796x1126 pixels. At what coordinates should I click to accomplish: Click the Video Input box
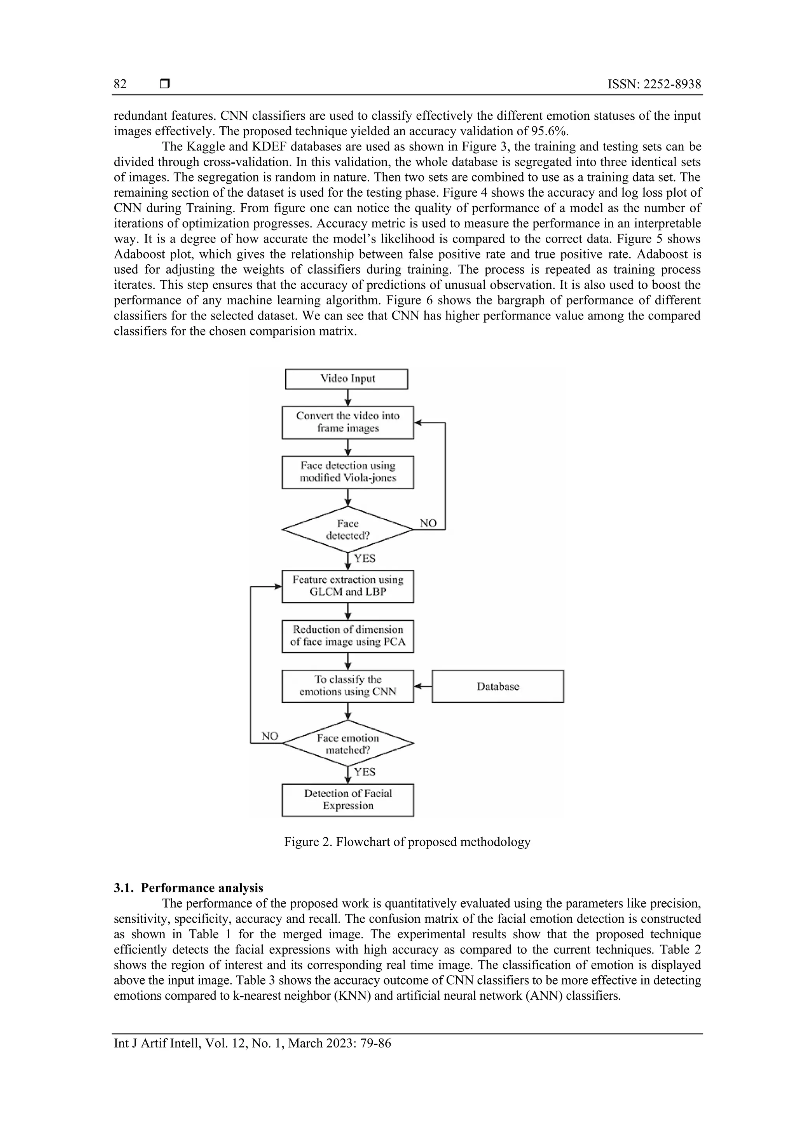pos(347,379)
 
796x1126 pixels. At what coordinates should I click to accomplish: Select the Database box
pos(498,686)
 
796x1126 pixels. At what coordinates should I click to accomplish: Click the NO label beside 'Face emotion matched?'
pos(270,736)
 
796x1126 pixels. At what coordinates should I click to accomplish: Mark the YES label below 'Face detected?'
pos(365,559)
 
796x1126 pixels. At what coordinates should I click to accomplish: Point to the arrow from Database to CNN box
pos(423,686)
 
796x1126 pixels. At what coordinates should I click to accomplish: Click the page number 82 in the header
pos(120,84)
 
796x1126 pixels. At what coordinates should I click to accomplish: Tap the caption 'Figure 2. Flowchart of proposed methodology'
pos(407,842)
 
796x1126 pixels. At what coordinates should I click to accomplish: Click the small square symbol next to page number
pos(165,84)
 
